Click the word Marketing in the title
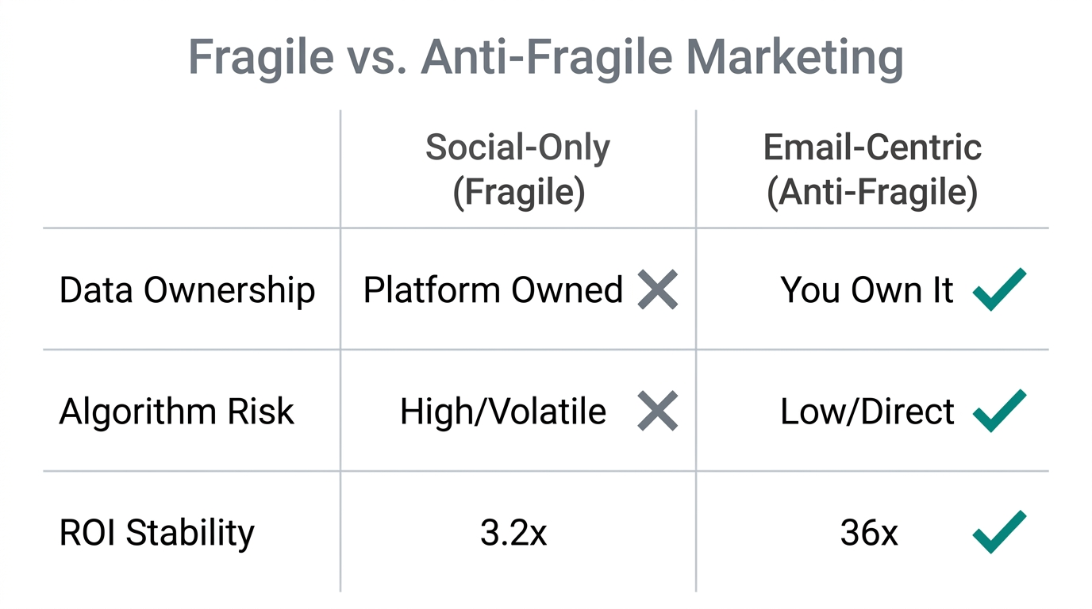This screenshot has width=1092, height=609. tap(794, 57)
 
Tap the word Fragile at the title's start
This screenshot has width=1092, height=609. tap(261, 57)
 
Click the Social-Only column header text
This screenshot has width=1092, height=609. tap(517, 147)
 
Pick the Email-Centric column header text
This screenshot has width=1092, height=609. tap(872, 147)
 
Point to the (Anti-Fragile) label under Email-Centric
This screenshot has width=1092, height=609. tap(872, 193)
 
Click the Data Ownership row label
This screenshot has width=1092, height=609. tap(187, 290)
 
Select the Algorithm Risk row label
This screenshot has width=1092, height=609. tap(176, 412)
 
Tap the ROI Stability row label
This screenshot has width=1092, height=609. tap(157, 533)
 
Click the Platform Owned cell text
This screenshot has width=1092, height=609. tap(493, 290)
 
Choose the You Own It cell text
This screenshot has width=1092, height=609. tap(867, 290)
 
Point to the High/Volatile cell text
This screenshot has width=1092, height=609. tap(503, 412)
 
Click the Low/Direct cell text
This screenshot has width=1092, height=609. tap(867, 412)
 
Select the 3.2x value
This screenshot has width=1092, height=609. tap(513, 533)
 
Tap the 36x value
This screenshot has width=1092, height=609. tap(869, 533)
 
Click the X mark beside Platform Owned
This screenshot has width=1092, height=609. tap(658, 289)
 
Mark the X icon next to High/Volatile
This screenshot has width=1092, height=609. tap(658, 411)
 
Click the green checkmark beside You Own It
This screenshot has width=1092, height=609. tap(999, 289)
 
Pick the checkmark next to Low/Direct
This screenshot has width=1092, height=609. tap(999, 410)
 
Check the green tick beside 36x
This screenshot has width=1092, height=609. tap(999, 531)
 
